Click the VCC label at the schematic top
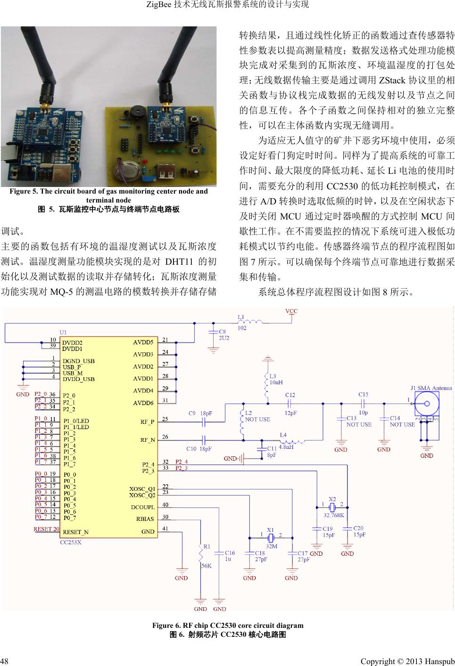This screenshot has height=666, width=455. (291, 311)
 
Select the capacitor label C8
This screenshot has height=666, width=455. (223, 332)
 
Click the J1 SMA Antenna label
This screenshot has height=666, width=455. (431, 388)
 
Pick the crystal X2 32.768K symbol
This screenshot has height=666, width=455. (332, 507)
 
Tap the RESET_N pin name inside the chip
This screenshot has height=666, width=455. (75, 532)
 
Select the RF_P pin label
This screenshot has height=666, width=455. (147, 422)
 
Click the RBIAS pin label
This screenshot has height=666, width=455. (145, 519)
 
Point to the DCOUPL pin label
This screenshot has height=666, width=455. (142, 507)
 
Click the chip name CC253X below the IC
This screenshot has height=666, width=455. (71, 542)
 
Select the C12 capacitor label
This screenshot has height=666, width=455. (290, 395)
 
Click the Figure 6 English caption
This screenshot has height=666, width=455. (227, 625)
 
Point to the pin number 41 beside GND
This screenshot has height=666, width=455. (165, 528)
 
